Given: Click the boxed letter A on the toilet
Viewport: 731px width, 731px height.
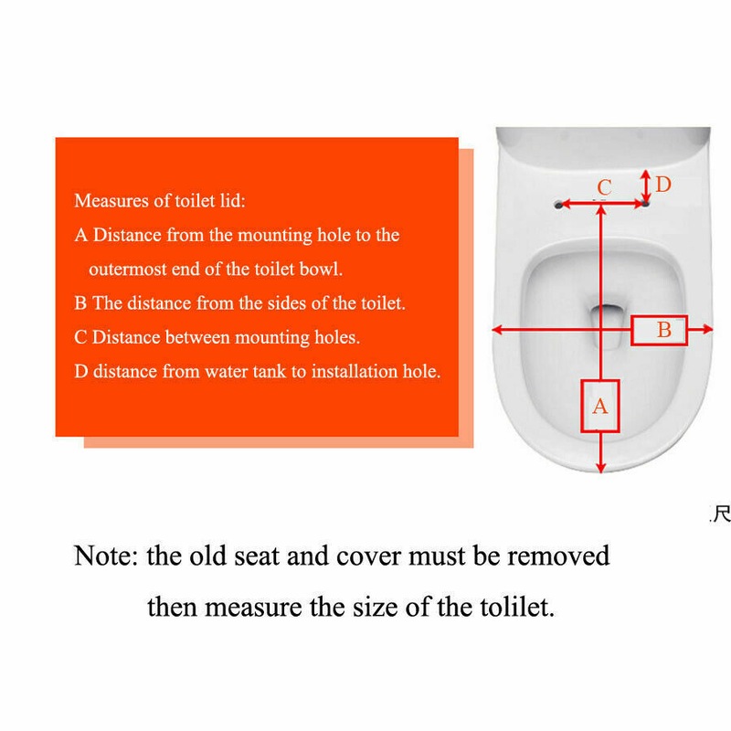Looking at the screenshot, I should tap(600, 406).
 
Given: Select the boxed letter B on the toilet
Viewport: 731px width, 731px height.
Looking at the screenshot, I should tap(663, 329).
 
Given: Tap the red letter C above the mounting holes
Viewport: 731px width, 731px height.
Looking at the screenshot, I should tap(604, 187).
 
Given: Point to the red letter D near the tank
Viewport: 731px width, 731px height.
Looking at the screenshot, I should tap(663, 185).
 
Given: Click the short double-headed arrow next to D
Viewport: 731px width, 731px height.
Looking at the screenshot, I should tap(646, 185).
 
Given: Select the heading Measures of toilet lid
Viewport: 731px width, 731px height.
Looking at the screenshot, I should tap(159, 200).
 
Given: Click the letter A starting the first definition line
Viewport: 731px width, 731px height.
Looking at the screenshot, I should tap(80, 235).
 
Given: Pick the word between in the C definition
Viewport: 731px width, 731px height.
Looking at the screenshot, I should tap(197, 337).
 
